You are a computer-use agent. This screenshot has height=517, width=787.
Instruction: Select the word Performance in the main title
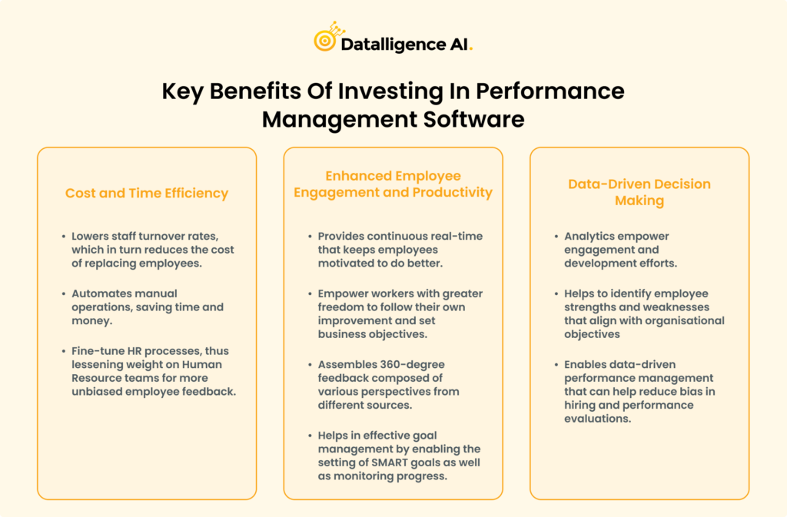coord(550,91)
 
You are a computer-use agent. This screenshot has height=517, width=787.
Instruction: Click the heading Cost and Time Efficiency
coord(147,193)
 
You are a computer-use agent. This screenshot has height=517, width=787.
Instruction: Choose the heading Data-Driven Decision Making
coord(639,192)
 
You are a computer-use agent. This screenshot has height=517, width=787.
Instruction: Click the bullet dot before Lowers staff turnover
coord(62,237)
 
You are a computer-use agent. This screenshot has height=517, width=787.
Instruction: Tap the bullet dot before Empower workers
coord(309,293)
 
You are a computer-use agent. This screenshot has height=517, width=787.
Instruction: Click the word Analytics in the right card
coord(590,237)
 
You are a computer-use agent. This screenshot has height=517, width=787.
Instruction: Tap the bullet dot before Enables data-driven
coord(555,364)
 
